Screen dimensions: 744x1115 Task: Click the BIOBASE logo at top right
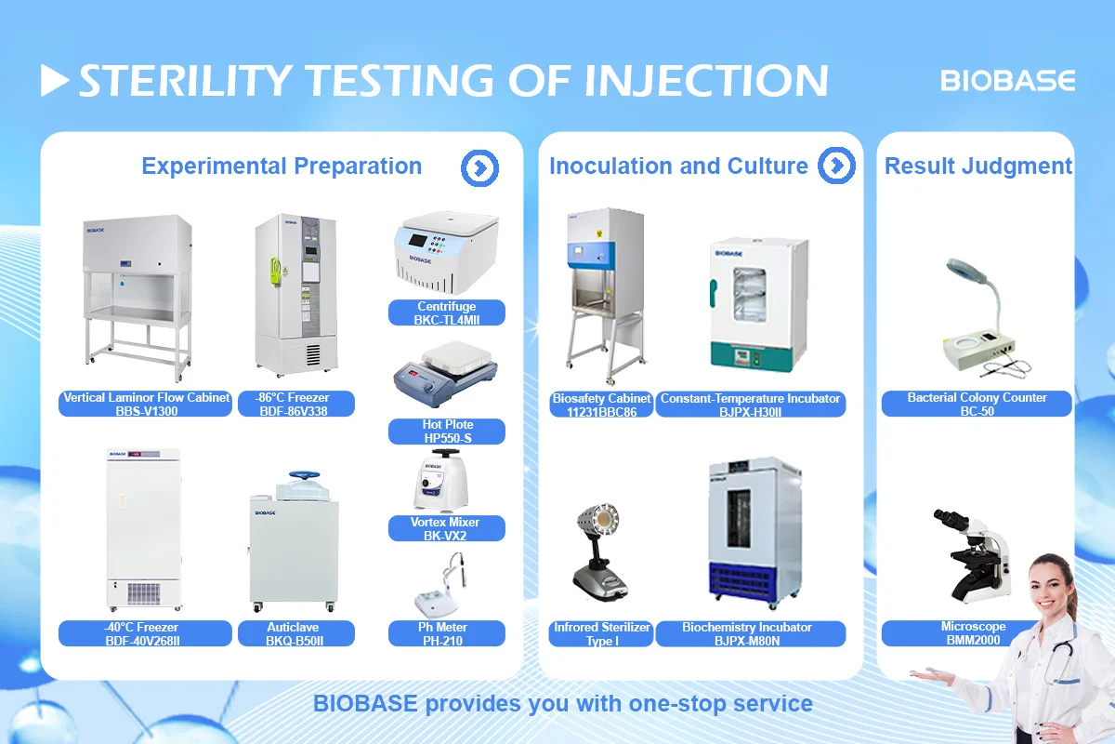pos(1008,81)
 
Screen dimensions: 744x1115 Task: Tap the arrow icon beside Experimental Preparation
pos(479,167)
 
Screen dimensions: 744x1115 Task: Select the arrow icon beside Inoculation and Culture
pos(836,166)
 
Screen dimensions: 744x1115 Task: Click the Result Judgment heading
pos(977,166)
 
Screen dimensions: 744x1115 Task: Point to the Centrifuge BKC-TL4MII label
pos(446,312)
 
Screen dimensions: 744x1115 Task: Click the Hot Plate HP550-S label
pos(446,431)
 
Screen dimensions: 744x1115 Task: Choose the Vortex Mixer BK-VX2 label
pos(446,528)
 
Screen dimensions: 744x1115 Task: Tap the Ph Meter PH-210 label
pos(446,633)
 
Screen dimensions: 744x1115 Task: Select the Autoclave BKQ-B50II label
pos(293,633)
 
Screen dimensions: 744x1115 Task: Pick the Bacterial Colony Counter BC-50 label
pos(977,404)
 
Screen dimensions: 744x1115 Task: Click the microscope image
pos(973,554)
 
